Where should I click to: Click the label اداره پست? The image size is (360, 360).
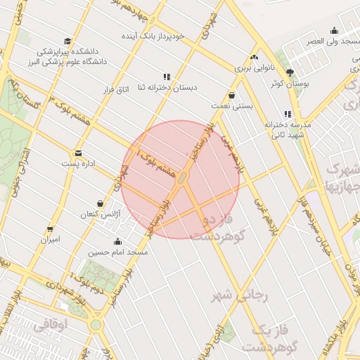click(x=77, y=164)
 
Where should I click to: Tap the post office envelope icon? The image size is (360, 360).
click(x=77, y=153)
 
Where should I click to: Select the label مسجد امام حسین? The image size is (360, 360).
click(x=117, y=252)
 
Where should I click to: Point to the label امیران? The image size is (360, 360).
click(x=50, y=239)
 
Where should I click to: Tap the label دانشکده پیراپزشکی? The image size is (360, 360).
click(x=67, y=52)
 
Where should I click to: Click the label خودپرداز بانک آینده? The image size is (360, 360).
click(x=162, y=35)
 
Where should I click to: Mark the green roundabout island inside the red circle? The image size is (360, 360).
click(x=181, y=179)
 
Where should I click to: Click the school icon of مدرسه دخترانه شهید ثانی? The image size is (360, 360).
click(x=287, y=114)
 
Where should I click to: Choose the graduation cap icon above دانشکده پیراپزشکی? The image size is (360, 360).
click(x=67, y=41)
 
